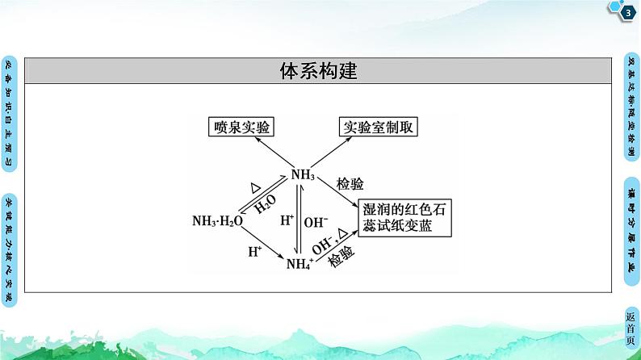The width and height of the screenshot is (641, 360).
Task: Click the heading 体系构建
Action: (319, 71)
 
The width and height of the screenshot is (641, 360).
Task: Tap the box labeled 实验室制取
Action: (379, 127)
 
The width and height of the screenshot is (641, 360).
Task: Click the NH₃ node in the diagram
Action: (303, 174)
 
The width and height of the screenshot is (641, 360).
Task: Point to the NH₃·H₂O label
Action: (217, 221)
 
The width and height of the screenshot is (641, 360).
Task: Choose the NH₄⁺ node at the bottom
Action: (300, 262)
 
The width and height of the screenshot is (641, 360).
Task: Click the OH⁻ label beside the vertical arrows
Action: (316, 220)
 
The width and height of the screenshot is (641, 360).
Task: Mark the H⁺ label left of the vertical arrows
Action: (287, 220)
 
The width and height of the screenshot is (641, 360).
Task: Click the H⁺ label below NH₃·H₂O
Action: (254, 251)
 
